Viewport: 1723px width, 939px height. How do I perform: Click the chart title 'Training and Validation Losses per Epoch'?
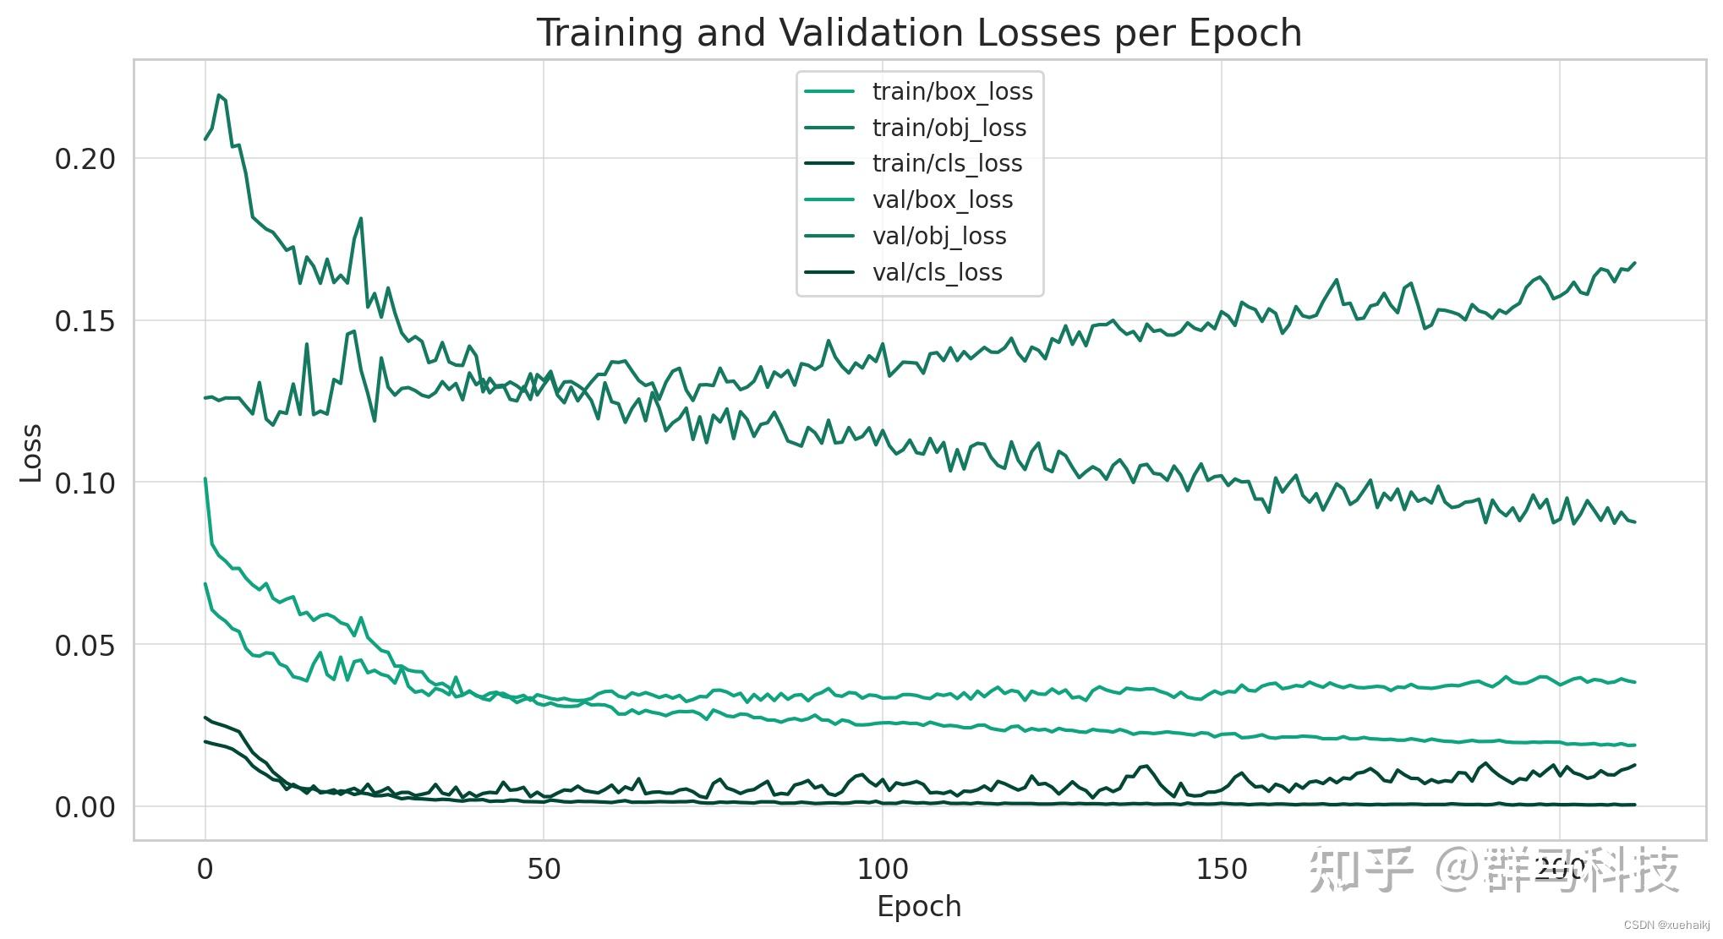[919, 34]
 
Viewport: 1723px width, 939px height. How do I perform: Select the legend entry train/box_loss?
[952, 91]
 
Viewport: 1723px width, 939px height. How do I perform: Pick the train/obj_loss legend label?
[949, 128]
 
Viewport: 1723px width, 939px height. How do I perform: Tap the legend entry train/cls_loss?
[947, 163]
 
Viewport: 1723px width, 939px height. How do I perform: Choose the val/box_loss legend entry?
[942, 199]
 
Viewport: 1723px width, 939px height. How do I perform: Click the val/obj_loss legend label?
[938, 236]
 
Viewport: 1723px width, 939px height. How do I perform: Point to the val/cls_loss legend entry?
[937, 272]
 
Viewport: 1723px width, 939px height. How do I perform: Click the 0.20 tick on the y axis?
[85, 159]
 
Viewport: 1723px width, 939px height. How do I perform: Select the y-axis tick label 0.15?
[85, 321]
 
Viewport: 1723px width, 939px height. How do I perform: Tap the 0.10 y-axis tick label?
[85, 483]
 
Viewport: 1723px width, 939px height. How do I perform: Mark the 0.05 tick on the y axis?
[85, 646]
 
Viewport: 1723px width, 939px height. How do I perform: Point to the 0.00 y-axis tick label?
[85, 808]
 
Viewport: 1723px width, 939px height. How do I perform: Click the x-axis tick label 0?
[205, 869]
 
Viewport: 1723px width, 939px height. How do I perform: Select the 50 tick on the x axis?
[544, 869]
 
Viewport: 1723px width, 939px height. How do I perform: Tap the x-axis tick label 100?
[883, 869]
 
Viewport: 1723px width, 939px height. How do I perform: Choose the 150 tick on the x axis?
[1222, 869]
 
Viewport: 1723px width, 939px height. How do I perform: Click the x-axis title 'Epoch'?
[919, 907]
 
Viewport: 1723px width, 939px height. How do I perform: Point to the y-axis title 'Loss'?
[31, 453]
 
